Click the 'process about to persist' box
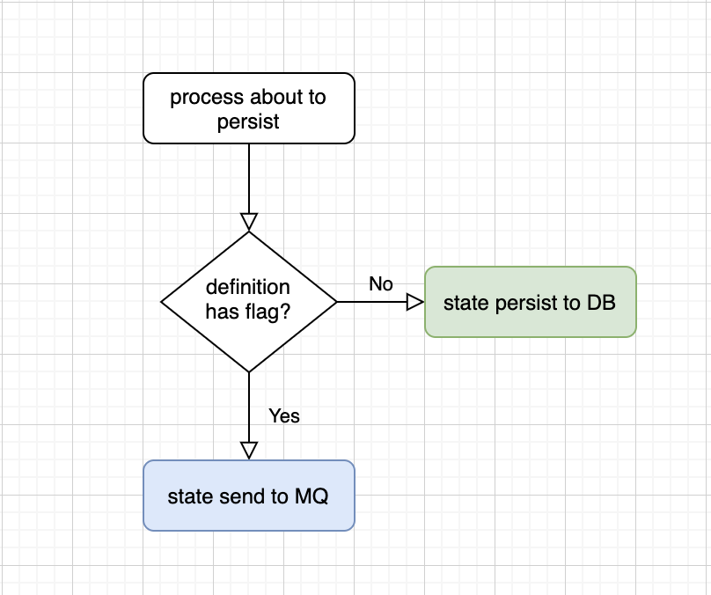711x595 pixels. (249, 108)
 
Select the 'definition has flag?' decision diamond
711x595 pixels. (249, 302)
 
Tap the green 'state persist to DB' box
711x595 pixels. (531, 302)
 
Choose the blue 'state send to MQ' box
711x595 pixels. (249, 496)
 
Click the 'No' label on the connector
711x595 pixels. (381, 284)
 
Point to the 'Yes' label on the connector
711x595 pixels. (284, 415)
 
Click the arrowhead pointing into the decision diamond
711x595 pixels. (249, 222)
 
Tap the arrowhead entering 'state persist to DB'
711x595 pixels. (415, 302)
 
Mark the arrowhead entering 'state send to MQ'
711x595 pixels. (249, 451)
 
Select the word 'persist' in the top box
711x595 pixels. (248, 122)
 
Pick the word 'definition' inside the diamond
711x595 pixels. (247, 287)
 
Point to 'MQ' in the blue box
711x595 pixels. (312, 496)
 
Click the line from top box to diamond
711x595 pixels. (249, 179)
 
